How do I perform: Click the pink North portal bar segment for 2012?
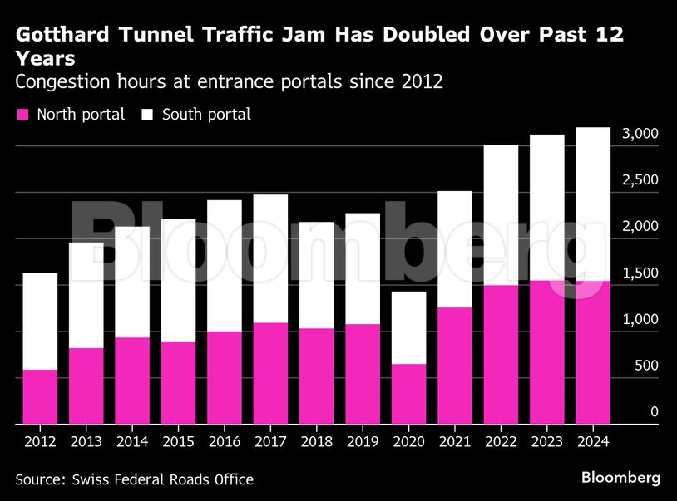click(40, 396)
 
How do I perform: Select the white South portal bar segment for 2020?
click(408, 327)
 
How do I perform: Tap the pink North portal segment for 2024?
click(593, 352)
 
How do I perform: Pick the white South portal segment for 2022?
click(501, 214)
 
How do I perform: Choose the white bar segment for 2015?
click(178, 280)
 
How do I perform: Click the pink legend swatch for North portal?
click(22, 115)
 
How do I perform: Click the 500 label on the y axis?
click(647, 366)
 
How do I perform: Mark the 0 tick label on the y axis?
click(655, 412)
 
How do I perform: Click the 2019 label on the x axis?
click(362, 442)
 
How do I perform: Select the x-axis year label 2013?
click(86, 442)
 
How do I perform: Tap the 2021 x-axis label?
click(454, 442)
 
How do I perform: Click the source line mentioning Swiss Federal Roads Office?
click(134, 479)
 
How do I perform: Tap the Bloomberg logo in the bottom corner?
click(620, 478)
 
